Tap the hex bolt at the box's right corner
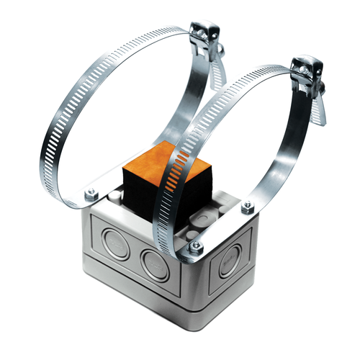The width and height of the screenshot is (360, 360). [248, 207]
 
